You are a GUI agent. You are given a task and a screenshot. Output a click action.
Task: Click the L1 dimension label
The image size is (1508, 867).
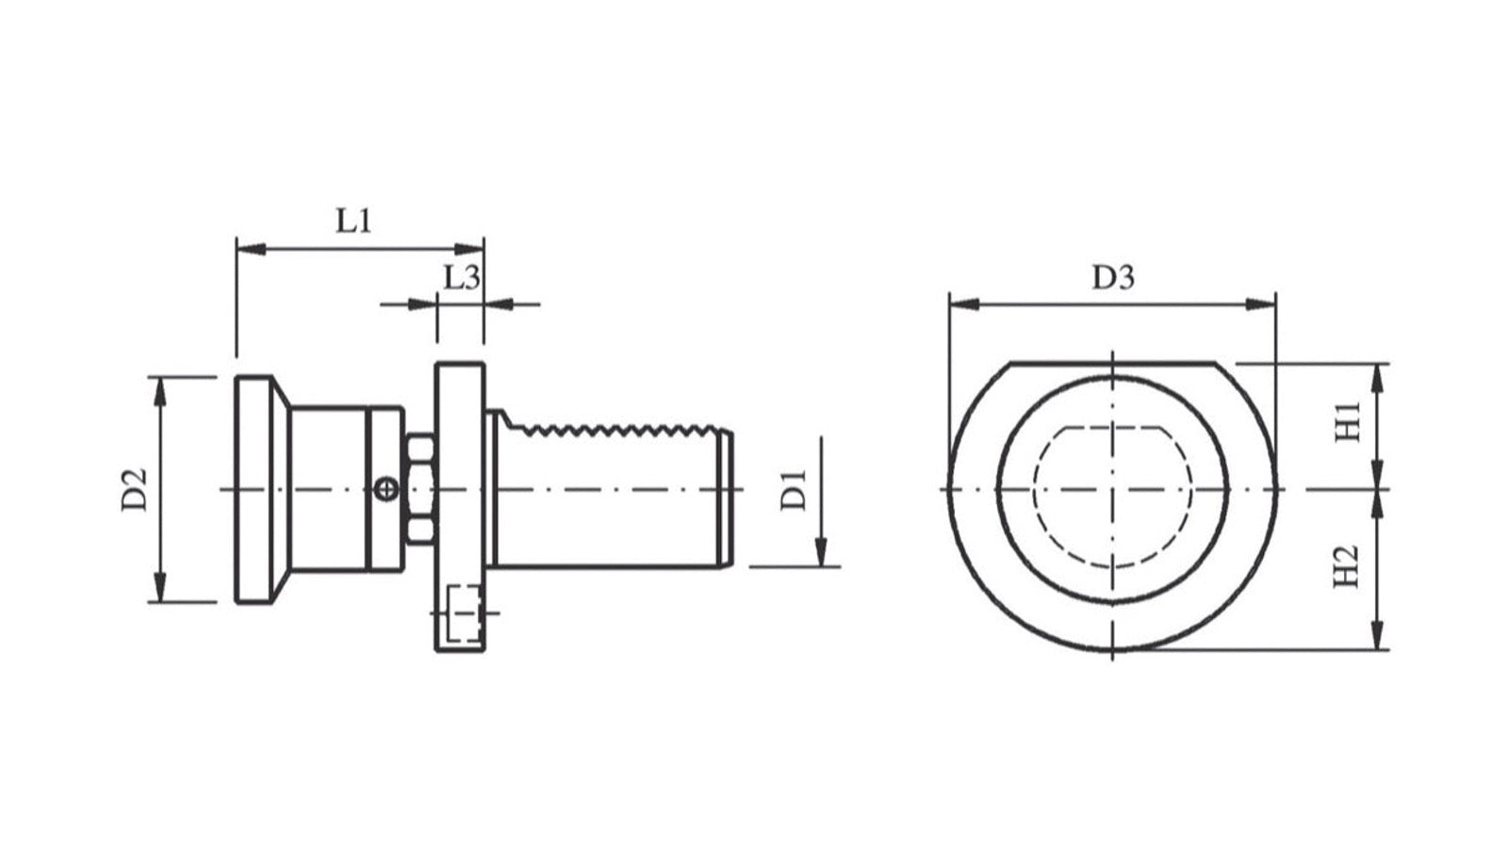tap(354, 221)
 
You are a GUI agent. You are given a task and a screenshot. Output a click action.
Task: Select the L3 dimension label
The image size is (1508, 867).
tap(462, 277)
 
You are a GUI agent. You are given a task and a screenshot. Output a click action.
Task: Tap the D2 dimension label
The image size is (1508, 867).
tap(134, 489)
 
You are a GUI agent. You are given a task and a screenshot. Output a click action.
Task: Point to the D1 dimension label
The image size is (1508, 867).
tap(793, 490)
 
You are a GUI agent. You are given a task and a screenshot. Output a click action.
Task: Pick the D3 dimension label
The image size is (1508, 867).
tap(1113, 277)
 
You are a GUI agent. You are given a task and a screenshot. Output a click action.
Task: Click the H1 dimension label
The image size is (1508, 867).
tap(1348, 422)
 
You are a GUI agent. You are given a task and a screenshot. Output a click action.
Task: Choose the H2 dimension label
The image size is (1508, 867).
tap(1347, 566)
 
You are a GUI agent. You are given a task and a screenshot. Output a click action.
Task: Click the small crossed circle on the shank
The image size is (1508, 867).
tap(385, 489)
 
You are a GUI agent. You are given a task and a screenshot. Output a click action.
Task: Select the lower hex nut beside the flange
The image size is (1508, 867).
tap(420, 530)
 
